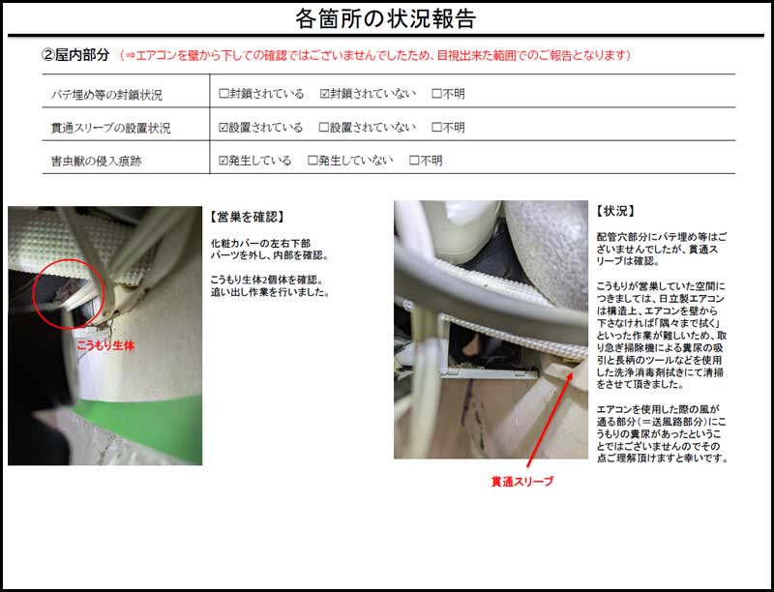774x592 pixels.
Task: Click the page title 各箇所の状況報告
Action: pyautogui.click(x=385, y=18)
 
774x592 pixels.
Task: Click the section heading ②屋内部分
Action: pyautogui.click(x=75, y=55)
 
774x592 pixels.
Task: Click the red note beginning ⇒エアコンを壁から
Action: pyautogui.click(x=375, y=55)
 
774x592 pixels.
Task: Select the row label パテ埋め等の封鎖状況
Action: pyautogui.click(x=106, y=94)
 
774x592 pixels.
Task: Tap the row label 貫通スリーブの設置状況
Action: pyautogui.click(x=110, y=128)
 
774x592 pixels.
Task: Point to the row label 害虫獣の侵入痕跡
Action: pyautogui.click(x=96, y=161)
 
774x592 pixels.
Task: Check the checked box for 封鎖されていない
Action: pyautogui.click(x=324, y=93)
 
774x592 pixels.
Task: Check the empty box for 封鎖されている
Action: pyautogui.click(x=223, y=93)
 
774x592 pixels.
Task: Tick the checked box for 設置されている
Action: pyautogui.click(x=223, y=128)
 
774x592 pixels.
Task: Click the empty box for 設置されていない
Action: pyautogui.click(x=324, y=128)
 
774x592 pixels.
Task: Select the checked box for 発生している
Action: pyautogui.click(x=223, y=161)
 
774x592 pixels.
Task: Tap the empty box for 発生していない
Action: pyautogui.click(x=313, y=161)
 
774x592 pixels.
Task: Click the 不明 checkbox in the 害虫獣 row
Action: pyautogui.click(x=414, y=161)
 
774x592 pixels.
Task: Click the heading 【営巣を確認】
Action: pyautogui.click(x=247, y=216)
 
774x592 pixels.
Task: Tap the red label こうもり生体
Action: pyautogui.click(x=105, y=345)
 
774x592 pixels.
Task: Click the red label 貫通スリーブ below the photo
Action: pyautogui.click(x=522, y=481)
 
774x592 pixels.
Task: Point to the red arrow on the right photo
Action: pyautogui.click(x=550, y=420)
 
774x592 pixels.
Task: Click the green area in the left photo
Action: pyautogui.click(x=148, y=425)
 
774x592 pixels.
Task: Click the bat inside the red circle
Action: pyautogui.click(x=63, y=292)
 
